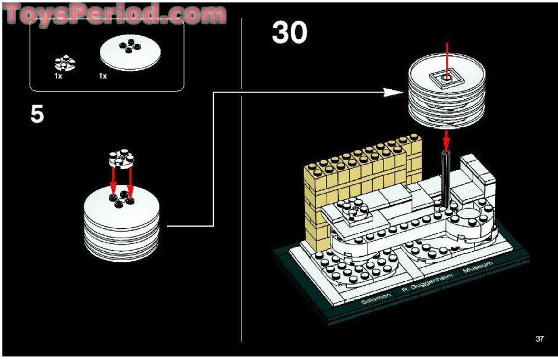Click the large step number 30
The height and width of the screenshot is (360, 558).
(290, 33)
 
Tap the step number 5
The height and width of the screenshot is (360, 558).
(37, 114)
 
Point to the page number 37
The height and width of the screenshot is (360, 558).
(539, 338)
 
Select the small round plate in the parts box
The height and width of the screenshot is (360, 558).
(65, 63)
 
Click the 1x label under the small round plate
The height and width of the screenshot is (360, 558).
(58, 76)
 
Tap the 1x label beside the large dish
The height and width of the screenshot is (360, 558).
(103, 76)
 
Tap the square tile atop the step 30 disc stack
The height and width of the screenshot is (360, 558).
(445, 79)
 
